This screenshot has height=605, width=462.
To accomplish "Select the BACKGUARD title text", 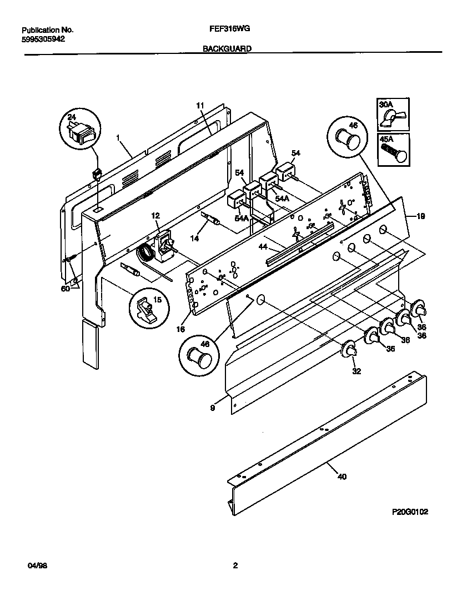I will (227, 48).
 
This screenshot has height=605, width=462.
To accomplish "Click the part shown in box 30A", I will (395, 117).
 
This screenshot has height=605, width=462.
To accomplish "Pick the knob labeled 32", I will (350, 349).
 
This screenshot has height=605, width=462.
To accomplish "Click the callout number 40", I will (342, 477).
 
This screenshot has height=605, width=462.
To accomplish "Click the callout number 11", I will (200, 105).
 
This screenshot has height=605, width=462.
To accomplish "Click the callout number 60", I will (65, 289).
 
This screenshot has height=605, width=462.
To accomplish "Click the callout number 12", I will (155, 215).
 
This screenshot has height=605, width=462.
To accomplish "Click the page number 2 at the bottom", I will (235, 566).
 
